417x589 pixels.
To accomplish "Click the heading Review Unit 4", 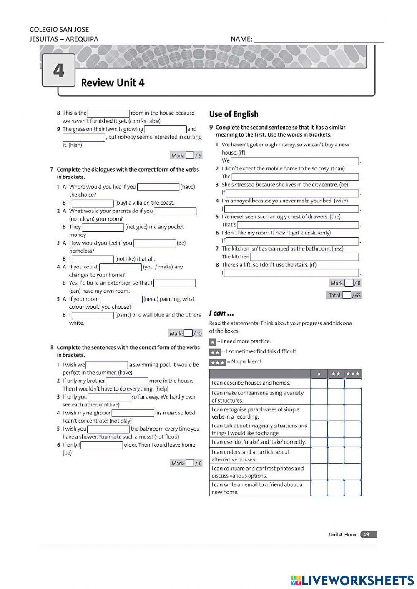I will (113, 83).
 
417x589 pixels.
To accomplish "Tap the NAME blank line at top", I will (319, 39).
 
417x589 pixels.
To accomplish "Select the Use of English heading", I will (234, 114).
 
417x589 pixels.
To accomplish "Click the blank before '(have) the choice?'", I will (158, 187).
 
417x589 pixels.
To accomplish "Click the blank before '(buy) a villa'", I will (93, 203).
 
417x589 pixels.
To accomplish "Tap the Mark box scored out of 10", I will (188, 333).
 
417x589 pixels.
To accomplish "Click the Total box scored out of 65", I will (346, 295).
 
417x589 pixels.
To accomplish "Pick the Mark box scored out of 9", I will (190, 155).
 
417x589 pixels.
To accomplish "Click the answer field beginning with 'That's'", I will (298, 225).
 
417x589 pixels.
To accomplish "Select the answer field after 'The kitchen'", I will (304, 257).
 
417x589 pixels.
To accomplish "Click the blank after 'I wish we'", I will (107, 365).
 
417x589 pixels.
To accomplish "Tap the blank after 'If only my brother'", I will (127, 381).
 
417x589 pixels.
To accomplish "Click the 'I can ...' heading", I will (221, 313).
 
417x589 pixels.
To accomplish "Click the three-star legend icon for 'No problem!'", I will (217, 362).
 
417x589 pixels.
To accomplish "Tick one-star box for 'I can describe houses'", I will (319, 383).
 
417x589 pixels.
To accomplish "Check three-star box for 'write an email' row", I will (353, 488).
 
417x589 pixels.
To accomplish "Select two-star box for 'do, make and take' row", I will (336, 442).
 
